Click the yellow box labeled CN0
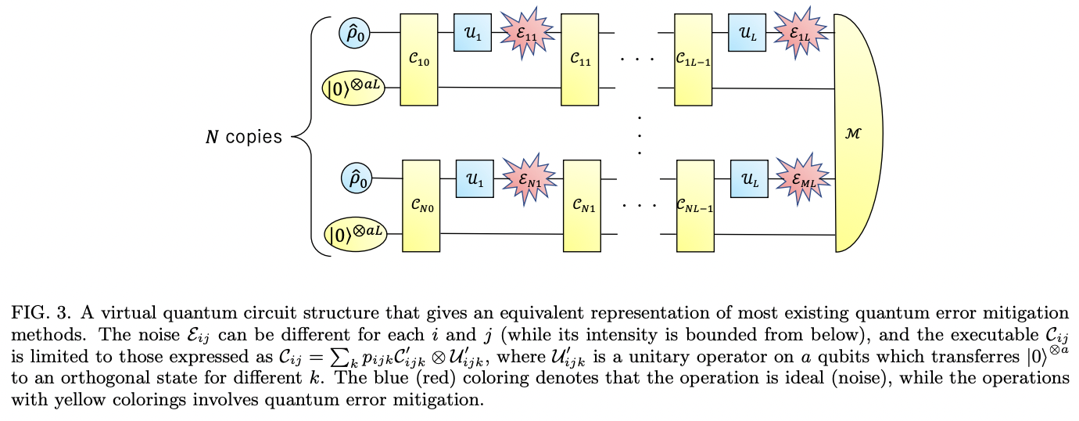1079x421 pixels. (421, 205)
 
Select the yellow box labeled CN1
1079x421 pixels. (582, 206)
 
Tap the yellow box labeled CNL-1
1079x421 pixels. (695, 206)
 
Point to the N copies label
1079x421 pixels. (244, 138)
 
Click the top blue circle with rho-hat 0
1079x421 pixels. (353, 32)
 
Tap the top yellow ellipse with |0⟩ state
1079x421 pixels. (356, 87)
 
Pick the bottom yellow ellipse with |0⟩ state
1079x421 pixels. (357, 234)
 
